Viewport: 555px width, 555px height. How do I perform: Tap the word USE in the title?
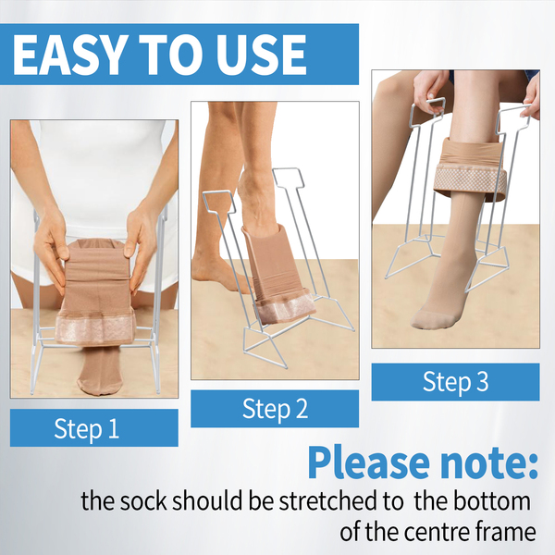click(261, 55)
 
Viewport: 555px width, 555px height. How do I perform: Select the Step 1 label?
click(87, 428)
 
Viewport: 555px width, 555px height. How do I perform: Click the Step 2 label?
click(275, 409)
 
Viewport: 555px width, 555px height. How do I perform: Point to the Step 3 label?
click(455, 382)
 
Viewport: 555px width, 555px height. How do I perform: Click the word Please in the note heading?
click(368, 462)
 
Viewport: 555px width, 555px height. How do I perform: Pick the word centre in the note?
click(434, 531)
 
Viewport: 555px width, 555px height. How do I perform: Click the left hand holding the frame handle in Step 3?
click(429, 92)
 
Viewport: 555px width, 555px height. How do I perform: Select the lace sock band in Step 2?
click(285, 305)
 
